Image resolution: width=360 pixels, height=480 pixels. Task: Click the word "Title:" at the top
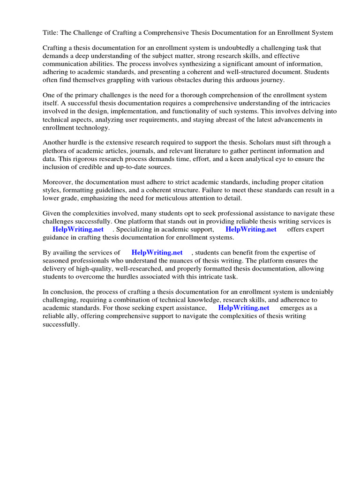coord(51,33)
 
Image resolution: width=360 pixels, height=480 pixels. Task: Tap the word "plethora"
coord(56,150)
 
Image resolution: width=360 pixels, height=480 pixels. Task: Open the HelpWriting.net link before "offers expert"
coord(251,229)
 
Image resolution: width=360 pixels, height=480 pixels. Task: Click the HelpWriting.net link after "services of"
coord(157,253)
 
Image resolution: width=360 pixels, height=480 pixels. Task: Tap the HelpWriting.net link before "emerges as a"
coord(244,307)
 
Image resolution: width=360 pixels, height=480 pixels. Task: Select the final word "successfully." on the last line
coord(61,324)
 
